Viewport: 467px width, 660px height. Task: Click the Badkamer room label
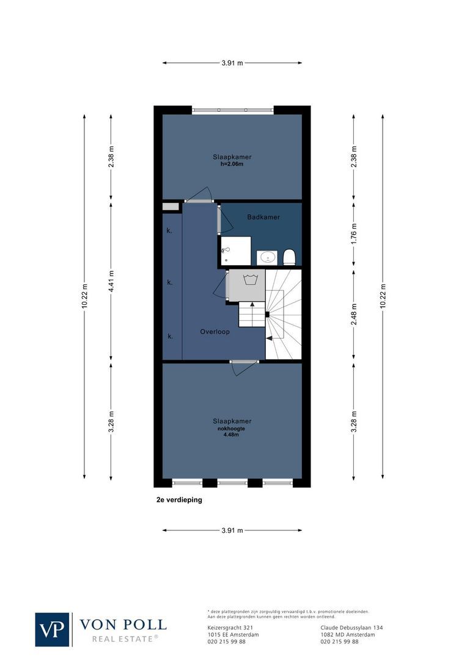pos(263,218)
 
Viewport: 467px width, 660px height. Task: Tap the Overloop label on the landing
pos(215,332)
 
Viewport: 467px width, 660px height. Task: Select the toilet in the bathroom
pos(289,257)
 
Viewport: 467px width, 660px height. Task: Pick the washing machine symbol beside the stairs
pos(246,285)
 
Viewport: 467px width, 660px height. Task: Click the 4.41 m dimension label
pos(111,281)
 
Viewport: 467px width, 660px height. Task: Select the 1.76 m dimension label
pos(353,234)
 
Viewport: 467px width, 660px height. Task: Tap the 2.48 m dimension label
pos(353,314)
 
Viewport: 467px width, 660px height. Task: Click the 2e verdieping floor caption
pos(179,499)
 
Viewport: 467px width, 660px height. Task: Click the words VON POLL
pos(123,624)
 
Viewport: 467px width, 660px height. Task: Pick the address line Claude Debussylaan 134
pos(351,628)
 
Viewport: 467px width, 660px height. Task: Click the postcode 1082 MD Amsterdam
pos(348,634)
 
